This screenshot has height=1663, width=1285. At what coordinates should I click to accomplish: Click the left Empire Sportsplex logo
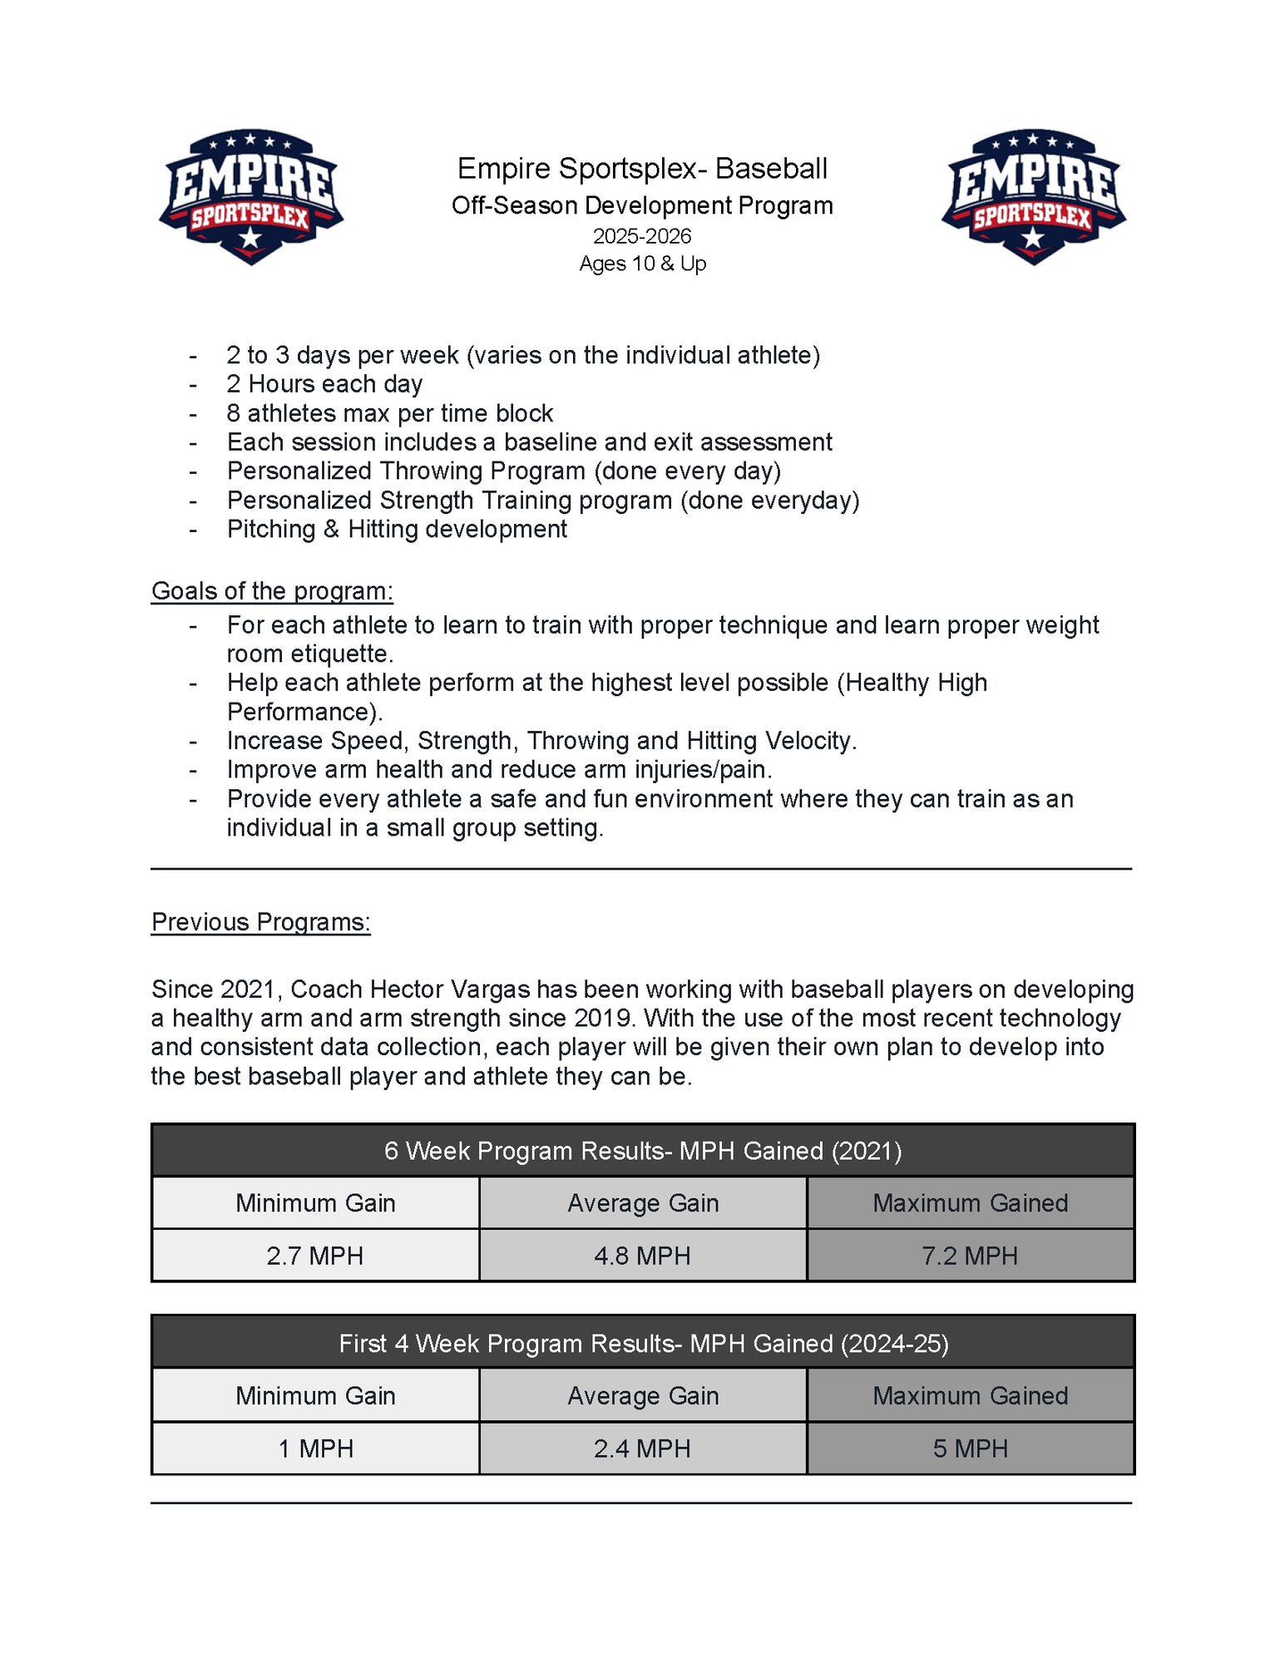[251, 197]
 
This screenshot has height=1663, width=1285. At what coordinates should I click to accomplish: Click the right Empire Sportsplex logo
[1033, 197]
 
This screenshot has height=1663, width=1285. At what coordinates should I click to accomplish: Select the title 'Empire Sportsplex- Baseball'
[642, 169]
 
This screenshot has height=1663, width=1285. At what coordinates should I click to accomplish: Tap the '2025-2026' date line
[642, 236]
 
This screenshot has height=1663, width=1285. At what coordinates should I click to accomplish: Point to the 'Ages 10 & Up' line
[642, 264]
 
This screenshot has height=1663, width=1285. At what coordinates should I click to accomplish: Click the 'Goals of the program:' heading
[272, 591]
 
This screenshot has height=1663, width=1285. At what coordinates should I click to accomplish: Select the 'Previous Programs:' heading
[260, 922]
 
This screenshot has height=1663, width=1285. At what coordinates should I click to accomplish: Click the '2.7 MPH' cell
[315, 1256]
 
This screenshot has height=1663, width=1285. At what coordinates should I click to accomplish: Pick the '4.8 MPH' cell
[642, 1256]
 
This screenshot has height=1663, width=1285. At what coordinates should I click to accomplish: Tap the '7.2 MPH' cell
[970, 1256]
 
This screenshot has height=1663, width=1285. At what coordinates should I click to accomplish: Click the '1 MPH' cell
[315, 1448]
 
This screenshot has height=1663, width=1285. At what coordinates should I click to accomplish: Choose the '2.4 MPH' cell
[642, 1448]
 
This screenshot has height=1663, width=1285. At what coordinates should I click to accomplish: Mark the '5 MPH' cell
[970, 1448]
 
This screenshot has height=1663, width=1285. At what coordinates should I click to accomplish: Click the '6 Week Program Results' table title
[642, 1151]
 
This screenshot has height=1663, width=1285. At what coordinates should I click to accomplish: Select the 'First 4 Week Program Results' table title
[642, 1344]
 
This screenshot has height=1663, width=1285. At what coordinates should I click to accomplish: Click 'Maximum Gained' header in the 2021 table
[970, 1203]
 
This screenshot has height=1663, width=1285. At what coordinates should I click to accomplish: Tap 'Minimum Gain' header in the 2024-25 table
[315, 1396]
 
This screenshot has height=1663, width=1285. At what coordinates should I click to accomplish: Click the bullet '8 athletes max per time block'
[389, 413]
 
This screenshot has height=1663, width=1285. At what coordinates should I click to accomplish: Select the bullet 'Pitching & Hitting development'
[397, 530]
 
